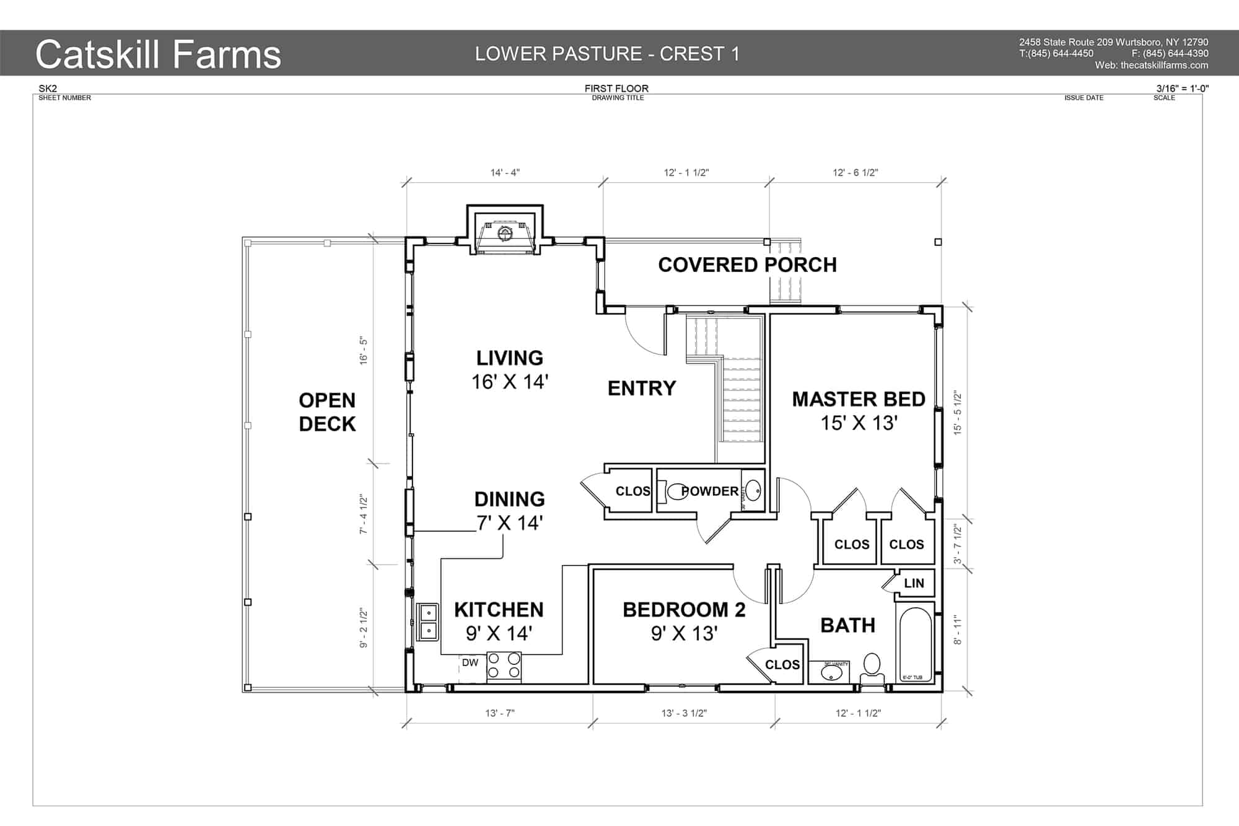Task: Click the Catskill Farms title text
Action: (158, 55)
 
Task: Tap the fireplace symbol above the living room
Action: (505, 234)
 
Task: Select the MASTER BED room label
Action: (859, 400)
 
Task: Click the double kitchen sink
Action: (427, 622)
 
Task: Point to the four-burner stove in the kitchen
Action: (504, 666)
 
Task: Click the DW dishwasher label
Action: (470, 662)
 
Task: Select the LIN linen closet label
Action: (914, 583)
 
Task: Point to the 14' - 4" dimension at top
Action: (505, 172)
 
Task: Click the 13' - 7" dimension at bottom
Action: (499, 713)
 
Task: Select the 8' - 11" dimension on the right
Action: (958, 630)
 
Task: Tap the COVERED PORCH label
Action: (747, 265)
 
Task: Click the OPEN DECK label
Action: (327, 412)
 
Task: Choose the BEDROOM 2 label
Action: (684, 610)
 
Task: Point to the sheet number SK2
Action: (48, 89)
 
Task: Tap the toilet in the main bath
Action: (872, 666)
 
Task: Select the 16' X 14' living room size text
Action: (510, 382)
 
